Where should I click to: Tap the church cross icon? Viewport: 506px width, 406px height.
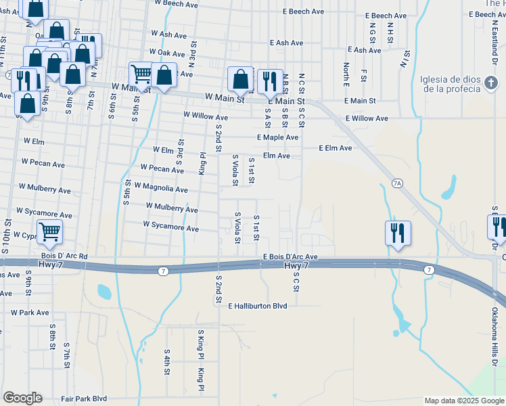coord(492,84)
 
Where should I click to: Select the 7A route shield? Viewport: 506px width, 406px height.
coord(397,183)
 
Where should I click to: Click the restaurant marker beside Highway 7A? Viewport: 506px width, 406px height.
coord(398,233)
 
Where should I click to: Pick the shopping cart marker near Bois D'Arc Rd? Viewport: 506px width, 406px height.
coord(50,231)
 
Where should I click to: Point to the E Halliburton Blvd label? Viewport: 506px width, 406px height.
coord(258,306)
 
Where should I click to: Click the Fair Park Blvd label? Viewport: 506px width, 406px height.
coord(84,399)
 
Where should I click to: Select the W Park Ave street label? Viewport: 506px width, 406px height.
coord(30,313)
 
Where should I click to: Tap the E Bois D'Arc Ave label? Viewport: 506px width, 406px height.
coord(290,257)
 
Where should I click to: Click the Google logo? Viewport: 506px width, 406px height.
coord(22,398)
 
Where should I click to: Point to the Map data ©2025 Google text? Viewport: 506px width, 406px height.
coord(463,401)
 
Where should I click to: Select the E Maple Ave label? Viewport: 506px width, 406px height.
coord(277,137)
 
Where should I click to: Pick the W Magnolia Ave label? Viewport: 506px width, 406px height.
coord(161,189)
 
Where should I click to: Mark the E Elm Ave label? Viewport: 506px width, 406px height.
coord(336,148)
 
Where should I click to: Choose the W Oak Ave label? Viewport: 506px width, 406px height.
coord(167,53)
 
